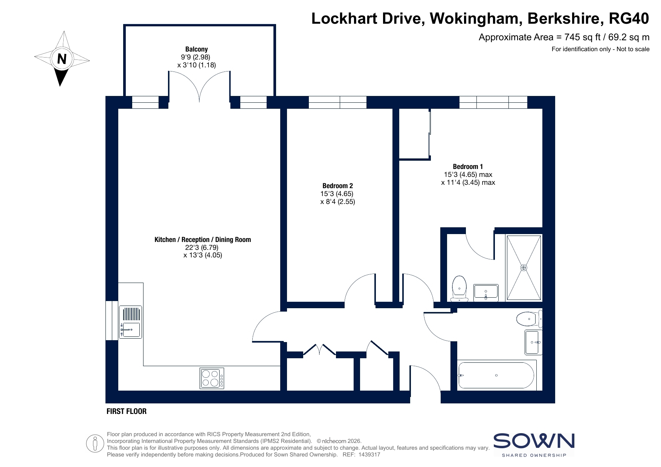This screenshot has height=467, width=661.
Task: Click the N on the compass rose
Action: (62, 59)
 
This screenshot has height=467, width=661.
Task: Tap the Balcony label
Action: (197, 49)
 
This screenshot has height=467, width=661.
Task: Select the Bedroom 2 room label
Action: (338, 186)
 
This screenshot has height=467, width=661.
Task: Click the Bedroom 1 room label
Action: (468, 166)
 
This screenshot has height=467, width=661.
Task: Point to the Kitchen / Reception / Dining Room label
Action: (203, 239)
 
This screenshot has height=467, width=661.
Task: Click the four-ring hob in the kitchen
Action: (212, 378)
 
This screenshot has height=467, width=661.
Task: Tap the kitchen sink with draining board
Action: (130, 322)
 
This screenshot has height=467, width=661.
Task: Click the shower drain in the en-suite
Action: (524, 268)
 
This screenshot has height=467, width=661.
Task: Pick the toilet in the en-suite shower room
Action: (459, 289)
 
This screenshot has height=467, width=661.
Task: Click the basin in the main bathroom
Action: (534, 342)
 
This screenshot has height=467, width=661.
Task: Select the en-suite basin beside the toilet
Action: (486, 293)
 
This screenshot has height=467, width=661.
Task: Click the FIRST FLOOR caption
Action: (127, 411)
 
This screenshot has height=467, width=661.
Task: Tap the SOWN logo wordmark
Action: (534, 441)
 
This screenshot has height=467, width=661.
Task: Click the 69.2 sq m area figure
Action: (629, 37)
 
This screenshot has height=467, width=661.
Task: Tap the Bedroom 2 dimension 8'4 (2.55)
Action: (338, 201)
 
